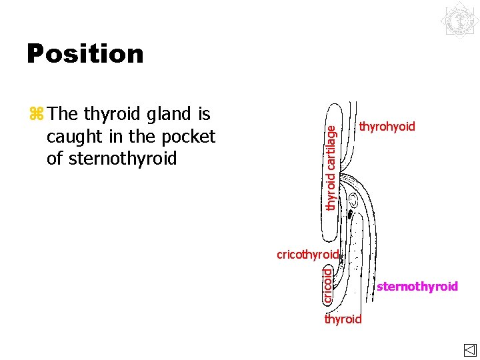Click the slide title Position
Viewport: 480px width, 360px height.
pos(85,54)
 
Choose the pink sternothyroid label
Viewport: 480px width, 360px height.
pos(417,287)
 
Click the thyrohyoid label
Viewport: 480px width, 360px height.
pos(387,127)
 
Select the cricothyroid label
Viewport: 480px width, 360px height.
pos(308,254)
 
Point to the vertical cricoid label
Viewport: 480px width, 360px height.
pos(327,284)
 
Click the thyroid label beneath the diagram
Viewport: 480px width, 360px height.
pos(343,319)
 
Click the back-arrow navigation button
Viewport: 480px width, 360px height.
pos(469,350)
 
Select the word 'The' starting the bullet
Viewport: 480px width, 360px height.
pos(63,115)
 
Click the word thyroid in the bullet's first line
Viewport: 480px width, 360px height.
pos(107,115)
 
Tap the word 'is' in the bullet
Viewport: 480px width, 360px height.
pos(203,115)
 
